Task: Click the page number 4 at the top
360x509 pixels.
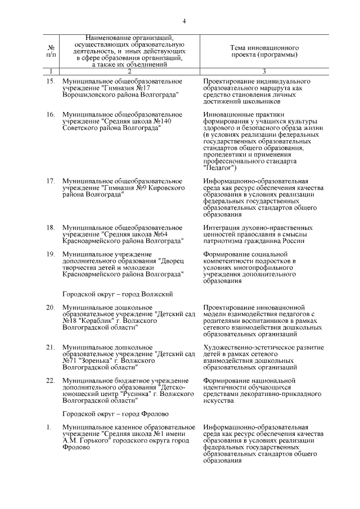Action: [184, 21]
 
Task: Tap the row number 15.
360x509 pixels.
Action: [50, 82]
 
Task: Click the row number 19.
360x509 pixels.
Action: [50, 255]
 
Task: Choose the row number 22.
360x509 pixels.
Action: [50, 381]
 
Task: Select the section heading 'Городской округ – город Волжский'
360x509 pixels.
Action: [117, 294]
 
